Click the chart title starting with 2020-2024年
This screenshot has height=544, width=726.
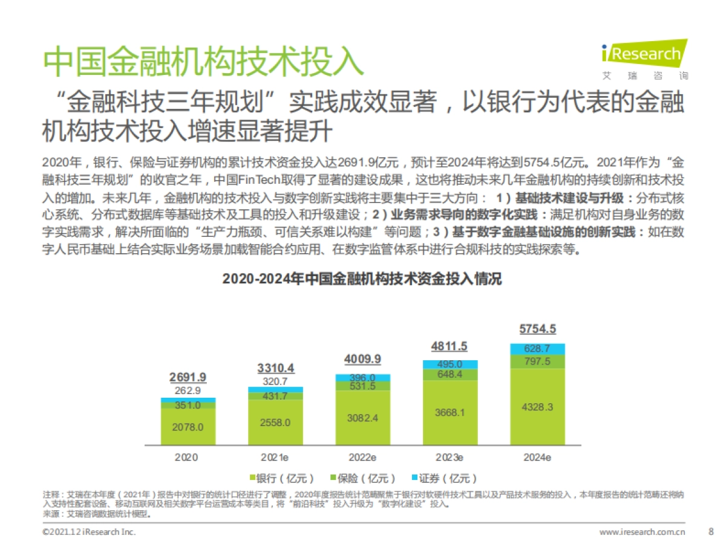tap(362, 279)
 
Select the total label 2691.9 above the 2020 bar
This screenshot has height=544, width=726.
tap(188, 377)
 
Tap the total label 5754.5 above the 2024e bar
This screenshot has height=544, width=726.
tap(537, 329)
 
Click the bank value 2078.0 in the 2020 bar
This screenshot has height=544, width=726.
tap(188, 427)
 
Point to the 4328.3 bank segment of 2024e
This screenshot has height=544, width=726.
tap(537, 407)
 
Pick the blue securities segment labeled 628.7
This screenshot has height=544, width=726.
tap(537, 349)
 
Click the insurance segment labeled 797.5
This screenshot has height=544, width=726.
tap(537, 361)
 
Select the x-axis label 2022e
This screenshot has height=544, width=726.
tap(363, 458)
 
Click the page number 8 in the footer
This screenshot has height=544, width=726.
tap(710, 532)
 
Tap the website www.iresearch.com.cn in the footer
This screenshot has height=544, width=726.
tap(642, 533)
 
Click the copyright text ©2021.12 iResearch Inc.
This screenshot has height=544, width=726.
tap(89, 533)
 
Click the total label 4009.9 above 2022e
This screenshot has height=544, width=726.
tap(362, 359)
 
